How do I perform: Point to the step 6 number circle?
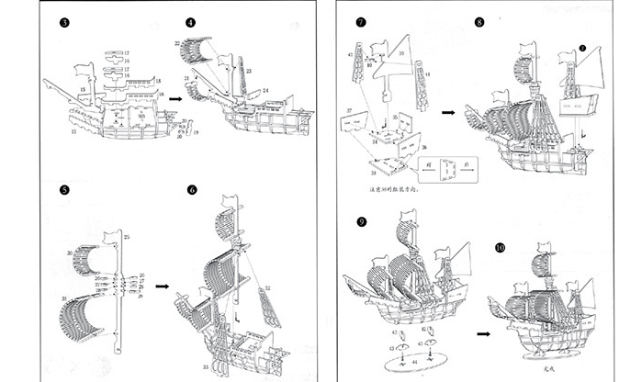(x=192, y=191)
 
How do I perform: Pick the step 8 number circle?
(x=479, y=20)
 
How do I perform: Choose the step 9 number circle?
(x=361, y=221)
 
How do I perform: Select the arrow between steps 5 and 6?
(x=163, y=286)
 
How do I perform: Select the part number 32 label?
(x=269, y=287)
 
